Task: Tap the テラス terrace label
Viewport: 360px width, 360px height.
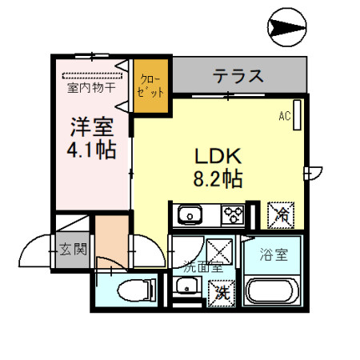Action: pyautogui.click(x=238, y=77)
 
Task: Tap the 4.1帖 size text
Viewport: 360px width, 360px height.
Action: pyautogui.click(x=90, y=150)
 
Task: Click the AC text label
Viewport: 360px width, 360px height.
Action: pyautogui.click(x=283, y=116)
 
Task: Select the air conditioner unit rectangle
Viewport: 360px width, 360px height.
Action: pyautogui.click(x=297, y=114)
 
